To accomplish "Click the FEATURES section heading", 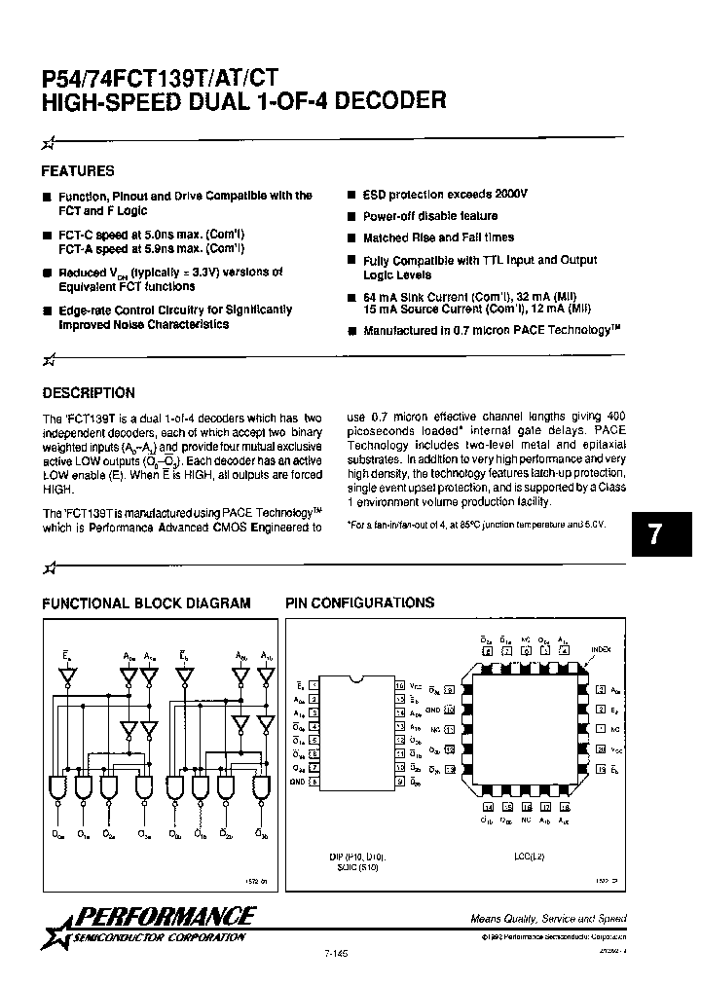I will click(78, 170).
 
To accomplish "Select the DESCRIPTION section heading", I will click(89, 393).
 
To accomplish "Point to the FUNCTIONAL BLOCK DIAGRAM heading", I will click(146, 603).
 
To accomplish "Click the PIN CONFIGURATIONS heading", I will click(359, 603).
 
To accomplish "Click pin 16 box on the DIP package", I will click(399, 685).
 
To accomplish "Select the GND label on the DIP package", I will click(299, 782).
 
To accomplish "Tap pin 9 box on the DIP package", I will click(399, 782).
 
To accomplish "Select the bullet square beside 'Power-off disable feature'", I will click(351, 216).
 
